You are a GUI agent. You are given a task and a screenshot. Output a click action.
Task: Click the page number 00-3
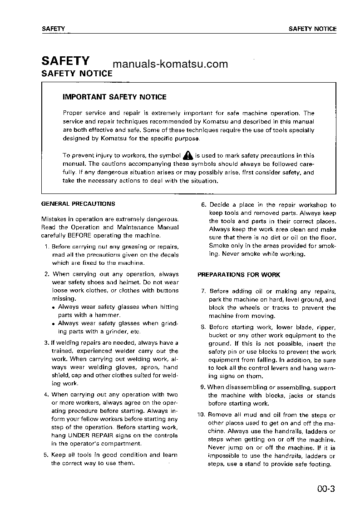coord(326,489)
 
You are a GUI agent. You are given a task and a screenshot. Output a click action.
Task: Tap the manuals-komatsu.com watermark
coord(170,64)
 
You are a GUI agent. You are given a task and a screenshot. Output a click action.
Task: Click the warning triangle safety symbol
coord(188,155)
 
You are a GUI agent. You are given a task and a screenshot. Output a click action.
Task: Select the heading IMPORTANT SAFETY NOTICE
coord(114,97)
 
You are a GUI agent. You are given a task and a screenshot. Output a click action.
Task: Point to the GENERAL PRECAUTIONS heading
coord(78,204)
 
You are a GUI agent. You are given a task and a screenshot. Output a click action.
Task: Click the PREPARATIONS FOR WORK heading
coord(239,275)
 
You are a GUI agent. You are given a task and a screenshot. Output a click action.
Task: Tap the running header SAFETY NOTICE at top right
coord(312,29)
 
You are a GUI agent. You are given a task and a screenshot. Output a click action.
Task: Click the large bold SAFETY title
coord(65,61)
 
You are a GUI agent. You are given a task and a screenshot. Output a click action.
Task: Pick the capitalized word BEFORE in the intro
coord(79,235)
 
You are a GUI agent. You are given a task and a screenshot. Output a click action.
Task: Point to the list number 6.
coord(204,205)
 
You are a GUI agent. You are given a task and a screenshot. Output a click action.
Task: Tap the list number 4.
coord(46,395)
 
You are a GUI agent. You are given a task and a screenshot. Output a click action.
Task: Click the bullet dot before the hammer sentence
coord(54,307)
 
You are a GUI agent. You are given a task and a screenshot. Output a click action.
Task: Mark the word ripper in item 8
coord(325,327)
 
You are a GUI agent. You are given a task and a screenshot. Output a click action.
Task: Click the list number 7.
coord(203,292)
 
